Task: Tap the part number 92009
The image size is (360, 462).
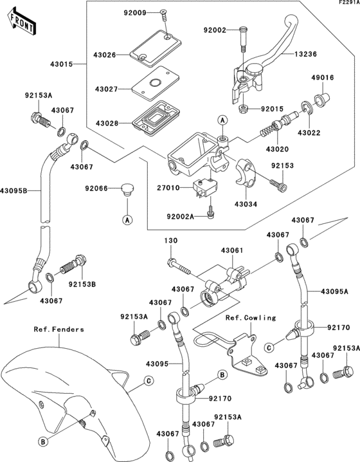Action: pyautogui.click(x=135, y=12)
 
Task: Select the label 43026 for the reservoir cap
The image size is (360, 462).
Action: pyautogui.click(x=105, y=55)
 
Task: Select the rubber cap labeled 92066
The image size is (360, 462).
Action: pyautogui.click(x=127, y=189)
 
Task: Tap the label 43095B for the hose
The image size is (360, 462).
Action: pyautogui.click(x=15, y=191)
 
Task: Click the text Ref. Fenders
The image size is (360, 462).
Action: pyautogui.click(x=59, y=329)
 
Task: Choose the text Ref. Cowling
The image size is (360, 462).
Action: pyautogui.click(x=251, y=317)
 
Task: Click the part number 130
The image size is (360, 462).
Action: pyautogui.click(x=170, y=240)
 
